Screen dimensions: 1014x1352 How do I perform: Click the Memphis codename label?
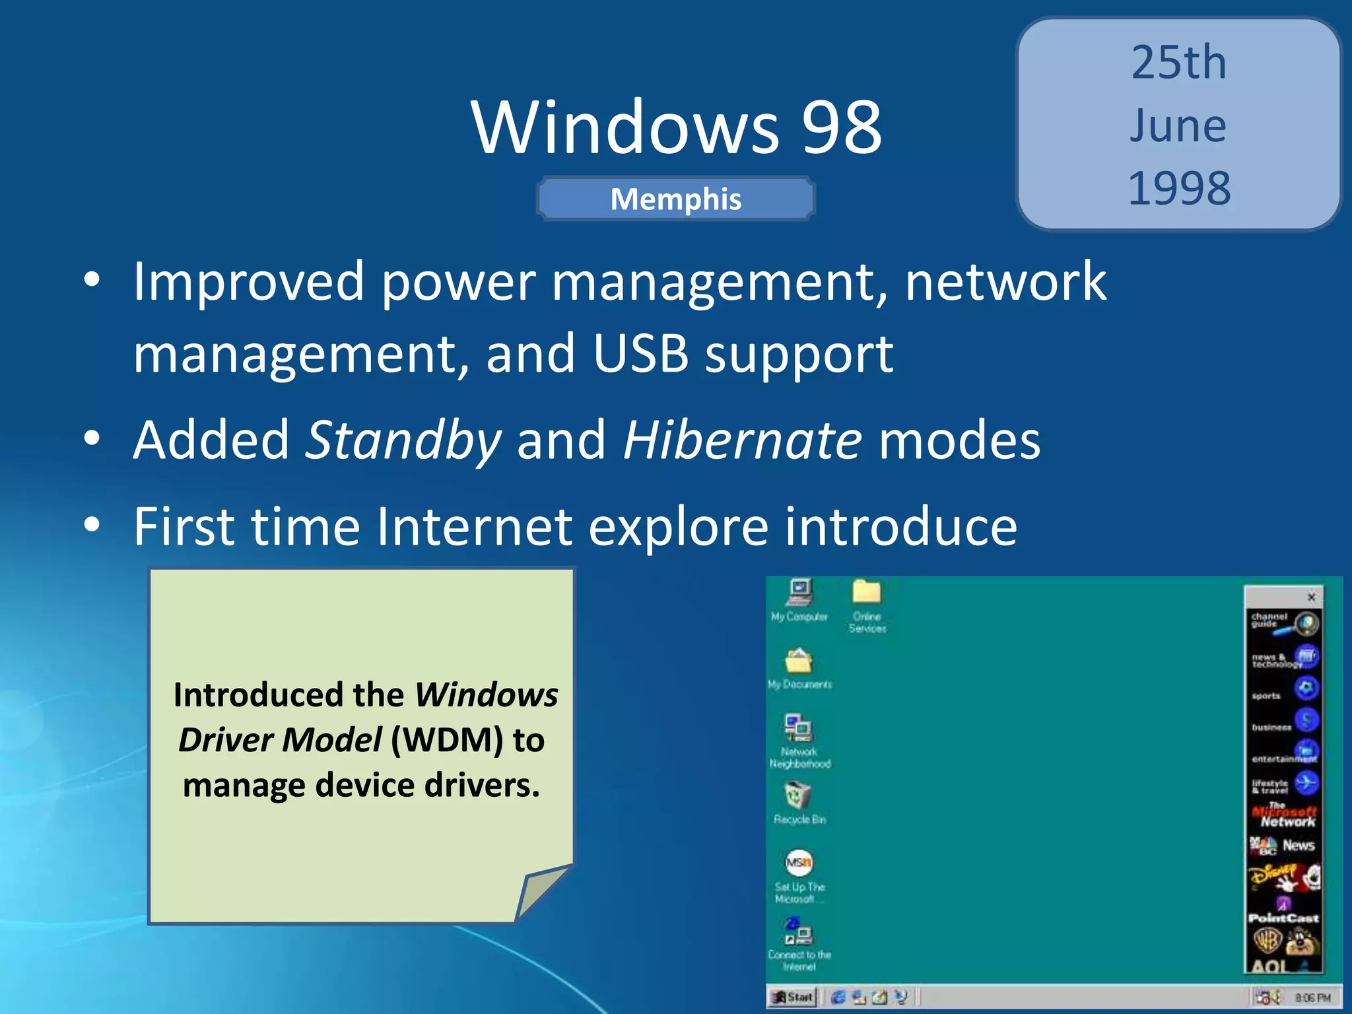click(x=676, y=199)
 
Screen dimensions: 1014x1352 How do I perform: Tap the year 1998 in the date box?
click(x=1179, y=188)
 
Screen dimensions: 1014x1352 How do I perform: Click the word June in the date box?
click(x=1178, y=125)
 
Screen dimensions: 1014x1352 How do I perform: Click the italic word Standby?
click(x=403, y=441)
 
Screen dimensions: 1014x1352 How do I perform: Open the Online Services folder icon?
click(x=867, y=593)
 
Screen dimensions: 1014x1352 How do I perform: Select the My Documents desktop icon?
click(x=799, y=661)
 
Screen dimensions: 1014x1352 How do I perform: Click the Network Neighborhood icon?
click(x=799, y=729)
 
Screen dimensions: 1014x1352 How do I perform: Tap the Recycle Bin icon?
click(x=798, y=796)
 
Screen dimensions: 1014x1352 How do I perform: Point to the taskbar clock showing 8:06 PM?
click(x=1312, y=997)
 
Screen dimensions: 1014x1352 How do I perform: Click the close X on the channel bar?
click(x=1312, y=597)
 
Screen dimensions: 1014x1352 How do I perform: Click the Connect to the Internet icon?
click(x=799, y=933)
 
